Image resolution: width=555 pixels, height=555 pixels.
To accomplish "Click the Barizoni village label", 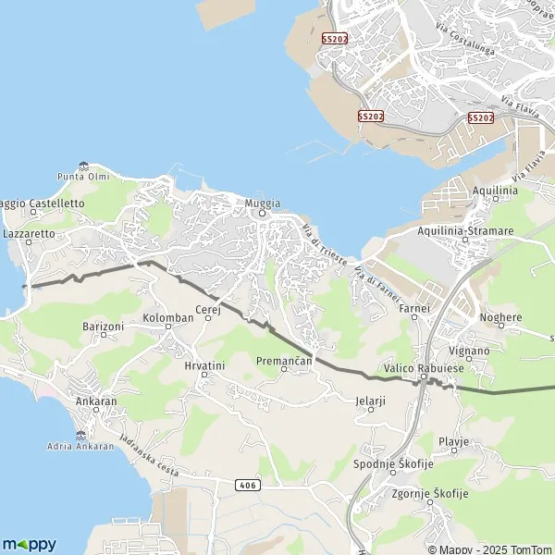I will (103, 327).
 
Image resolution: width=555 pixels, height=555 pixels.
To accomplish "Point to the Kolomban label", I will (168, 317).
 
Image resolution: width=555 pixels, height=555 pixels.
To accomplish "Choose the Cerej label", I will (207, 310).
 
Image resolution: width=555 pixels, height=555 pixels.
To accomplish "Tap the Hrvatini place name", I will (204, 365).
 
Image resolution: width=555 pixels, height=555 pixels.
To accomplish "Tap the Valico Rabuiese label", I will (424, 368).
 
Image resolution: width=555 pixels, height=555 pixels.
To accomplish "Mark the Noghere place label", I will (501, 317).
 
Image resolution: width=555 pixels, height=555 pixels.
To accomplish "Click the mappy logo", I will (30, 544).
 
